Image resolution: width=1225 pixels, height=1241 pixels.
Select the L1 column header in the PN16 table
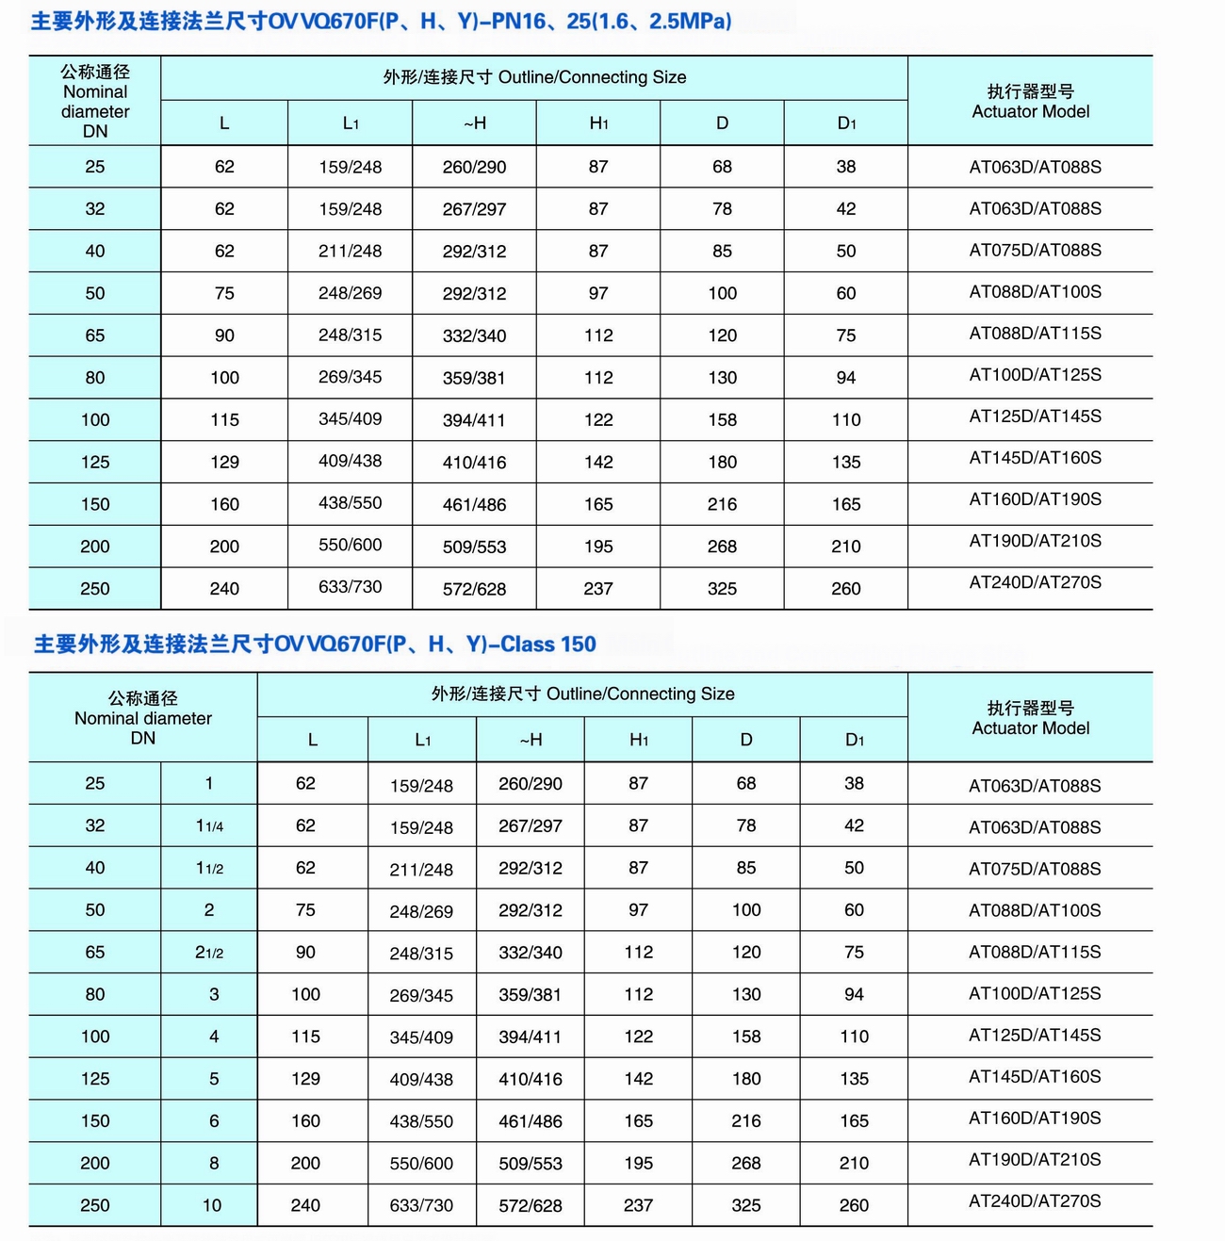click(350, 123)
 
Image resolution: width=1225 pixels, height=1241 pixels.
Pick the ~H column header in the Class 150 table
click(531, 741)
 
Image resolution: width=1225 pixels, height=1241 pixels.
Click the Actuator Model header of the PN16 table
click(1030, 102)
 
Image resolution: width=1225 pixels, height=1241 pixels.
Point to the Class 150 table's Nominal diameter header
click(142, 718)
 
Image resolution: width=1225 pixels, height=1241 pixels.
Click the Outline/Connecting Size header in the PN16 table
click(534, 78)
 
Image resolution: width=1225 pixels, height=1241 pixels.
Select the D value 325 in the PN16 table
click(722, 589)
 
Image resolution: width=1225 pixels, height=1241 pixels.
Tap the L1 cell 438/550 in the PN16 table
click(350, 503)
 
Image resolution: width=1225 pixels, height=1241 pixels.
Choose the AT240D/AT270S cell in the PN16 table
click(1035, 582)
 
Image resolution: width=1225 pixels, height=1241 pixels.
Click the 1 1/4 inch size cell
click(209, 826)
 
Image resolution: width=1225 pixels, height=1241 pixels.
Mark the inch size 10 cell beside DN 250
click(212, 1206)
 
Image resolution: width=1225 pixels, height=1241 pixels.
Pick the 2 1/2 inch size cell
click(209, 953)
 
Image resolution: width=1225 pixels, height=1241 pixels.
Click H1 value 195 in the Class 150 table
click(638, 1164)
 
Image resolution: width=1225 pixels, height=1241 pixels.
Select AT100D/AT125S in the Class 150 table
click(1035, 994)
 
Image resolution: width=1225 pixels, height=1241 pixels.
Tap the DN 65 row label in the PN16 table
click(95, 335)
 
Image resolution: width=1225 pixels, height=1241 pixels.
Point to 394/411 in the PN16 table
click(474, 420)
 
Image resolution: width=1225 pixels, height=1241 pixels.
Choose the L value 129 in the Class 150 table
click(305, 1079)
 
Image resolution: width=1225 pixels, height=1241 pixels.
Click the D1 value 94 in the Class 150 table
click(854, 995)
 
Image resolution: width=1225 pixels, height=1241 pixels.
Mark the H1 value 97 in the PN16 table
click(598, 294)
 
